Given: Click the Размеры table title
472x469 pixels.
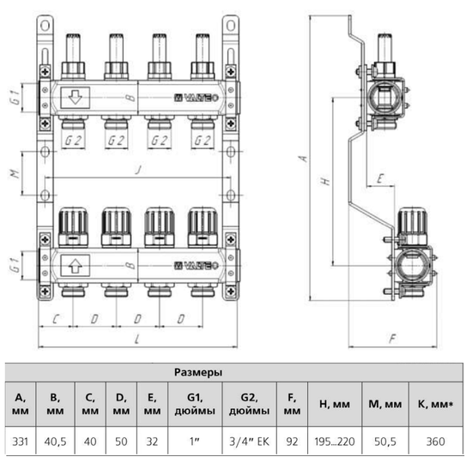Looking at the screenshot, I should point(199,374).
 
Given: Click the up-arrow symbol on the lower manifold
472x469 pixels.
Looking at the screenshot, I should point(75,265).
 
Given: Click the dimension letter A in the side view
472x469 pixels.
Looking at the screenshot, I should point(300,159).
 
